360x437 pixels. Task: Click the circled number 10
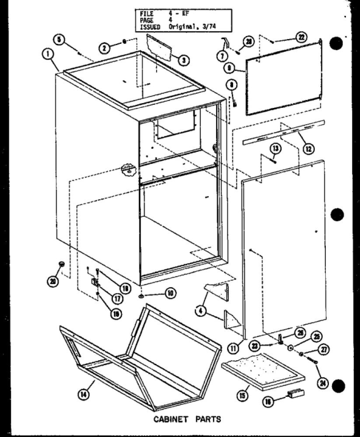170,294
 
